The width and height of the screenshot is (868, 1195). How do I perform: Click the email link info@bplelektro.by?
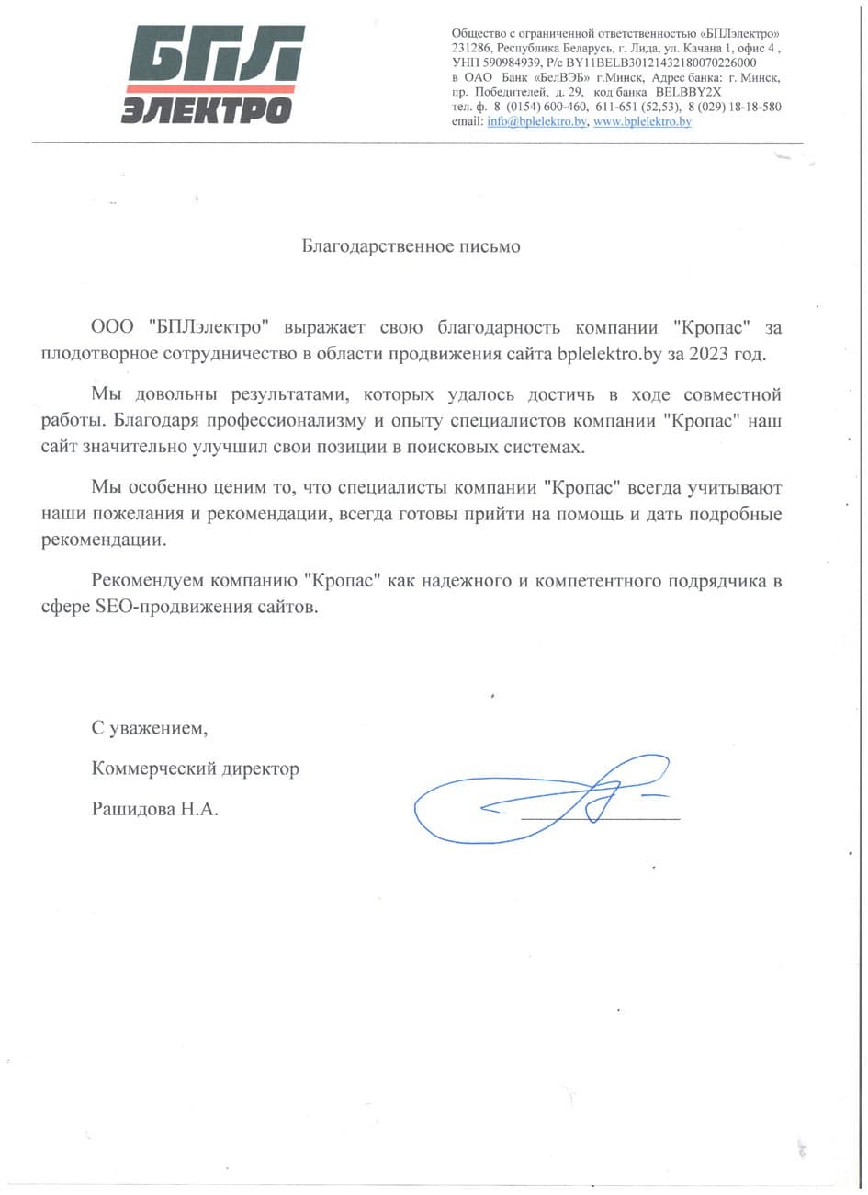click(x=536, y=121)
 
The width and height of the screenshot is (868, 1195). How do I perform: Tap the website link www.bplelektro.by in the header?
click(x=642, y=121)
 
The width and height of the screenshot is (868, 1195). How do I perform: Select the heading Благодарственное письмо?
click(x=411, y=246)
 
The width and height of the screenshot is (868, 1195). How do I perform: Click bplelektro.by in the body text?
click(x=610, y=353)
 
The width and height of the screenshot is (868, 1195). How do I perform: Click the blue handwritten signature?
click(x=542, y=800)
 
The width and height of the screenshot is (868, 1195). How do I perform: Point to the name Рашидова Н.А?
click(x=155, y=809)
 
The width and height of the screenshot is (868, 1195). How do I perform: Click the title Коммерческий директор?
click(x=195, y=768)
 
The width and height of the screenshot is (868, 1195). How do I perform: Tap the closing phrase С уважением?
click(x=150, y=728)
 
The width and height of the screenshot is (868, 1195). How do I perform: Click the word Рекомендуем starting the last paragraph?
click(x=148, y=582)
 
